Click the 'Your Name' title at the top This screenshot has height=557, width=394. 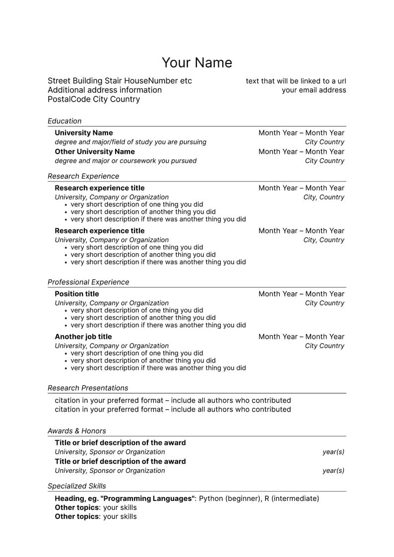[197, 63]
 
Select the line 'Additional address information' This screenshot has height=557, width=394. [105, 90]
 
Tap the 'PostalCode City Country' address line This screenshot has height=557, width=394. [94, 99]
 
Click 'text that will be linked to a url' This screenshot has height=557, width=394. [296, 81]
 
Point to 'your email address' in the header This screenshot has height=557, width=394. [314, 90]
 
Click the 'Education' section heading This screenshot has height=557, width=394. [65, 121]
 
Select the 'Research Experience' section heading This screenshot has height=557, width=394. [83, 176]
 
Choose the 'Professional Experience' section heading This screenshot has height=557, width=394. [88, 282]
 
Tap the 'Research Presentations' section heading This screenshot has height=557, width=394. [88, 388]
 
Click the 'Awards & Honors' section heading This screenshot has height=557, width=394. [77, 431]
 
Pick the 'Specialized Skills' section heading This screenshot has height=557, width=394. [77, 486]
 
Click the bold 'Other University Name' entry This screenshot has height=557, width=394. [95, 151]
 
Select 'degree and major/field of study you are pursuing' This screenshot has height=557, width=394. [131, 142]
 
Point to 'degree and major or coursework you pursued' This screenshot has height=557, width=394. [126, 161]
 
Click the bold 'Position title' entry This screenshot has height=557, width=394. [77, 294]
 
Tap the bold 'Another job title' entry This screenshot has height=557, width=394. [83, 336]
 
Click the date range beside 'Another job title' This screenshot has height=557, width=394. [301, 336]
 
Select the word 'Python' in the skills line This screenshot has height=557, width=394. [211, 498]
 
